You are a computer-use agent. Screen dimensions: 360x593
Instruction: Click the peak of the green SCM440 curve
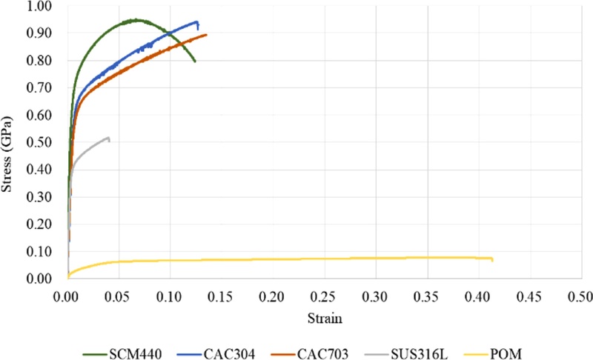pyautogui.click(x=136, y=20)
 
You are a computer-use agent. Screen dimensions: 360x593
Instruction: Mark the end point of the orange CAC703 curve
pyautogui.click(x=206, y=34)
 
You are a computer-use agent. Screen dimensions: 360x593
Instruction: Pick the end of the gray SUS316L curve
pyautogui.click(x=109, y=138)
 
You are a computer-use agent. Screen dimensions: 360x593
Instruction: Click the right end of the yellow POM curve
pyautogui.click(x=492, y=259)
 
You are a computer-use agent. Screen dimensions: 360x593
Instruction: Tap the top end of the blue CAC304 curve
pyautogui.click(x=197, y=21)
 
